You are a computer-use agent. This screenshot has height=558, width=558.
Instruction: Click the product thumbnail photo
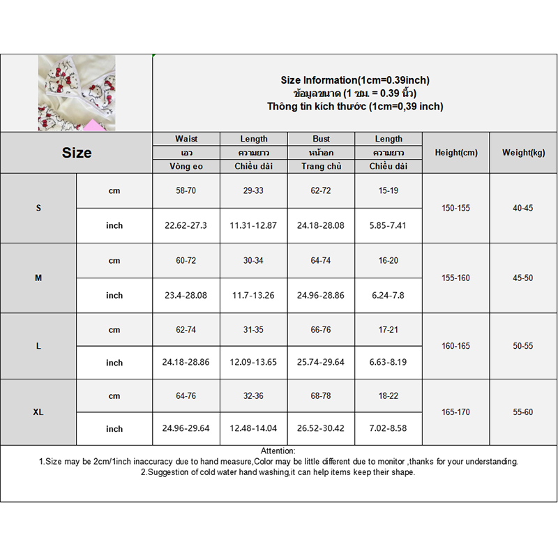point(77,93)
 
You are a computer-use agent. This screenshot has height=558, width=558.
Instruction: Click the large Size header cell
point(77,153)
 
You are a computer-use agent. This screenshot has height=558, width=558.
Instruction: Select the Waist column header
point(186,139)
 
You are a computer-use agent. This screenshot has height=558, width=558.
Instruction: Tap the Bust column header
point(322,139)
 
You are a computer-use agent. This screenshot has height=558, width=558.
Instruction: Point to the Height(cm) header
point(456,153)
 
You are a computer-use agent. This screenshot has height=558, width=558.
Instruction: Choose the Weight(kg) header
point(523,153)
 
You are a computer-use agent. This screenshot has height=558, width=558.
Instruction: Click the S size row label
point(38,208)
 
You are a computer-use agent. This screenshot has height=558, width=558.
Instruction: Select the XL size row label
point(38,412)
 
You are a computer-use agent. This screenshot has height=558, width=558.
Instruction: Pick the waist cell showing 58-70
point(186,190)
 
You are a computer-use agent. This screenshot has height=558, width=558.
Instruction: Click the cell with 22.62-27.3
point(186,225)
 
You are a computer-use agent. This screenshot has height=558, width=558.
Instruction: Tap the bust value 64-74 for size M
point(322,260)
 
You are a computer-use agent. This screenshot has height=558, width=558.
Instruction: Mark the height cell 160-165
point(456,345)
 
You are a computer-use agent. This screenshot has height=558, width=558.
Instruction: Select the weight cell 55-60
point(523,412)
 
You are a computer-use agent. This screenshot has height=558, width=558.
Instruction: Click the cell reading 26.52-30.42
point(322,428)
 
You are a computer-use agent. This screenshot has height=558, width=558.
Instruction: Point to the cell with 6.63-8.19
point(389,362)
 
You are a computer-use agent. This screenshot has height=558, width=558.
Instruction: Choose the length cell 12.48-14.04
point(254,428)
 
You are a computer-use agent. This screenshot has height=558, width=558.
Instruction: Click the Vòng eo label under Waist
point(186,166)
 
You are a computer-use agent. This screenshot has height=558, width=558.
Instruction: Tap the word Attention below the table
point(278,451)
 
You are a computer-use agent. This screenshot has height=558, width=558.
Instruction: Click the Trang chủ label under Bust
point(322,166)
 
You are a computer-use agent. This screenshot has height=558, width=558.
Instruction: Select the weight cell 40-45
point(523,208)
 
